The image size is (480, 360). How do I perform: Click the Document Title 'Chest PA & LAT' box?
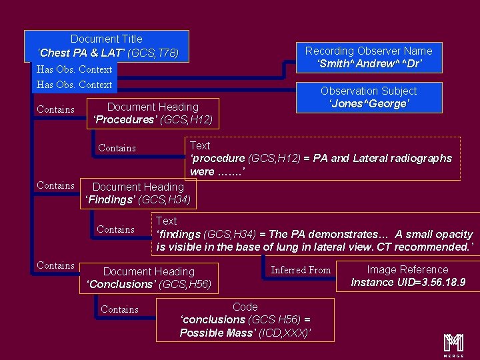107,45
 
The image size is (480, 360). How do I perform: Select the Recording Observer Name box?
368,57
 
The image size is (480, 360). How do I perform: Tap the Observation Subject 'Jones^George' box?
368,97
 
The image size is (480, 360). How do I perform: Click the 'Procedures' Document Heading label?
153,113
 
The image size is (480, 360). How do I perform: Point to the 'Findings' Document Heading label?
138,193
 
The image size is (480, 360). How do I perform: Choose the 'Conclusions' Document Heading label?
149,278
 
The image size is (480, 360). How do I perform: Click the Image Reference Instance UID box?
407,276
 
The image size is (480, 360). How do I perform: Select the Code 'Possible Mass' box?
245,320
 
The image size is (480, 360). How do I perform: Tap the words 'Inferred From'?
301,270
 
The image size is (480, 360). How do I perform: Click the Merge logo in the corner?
454,343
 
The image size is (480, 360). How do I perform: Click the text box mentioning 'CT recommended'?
315,234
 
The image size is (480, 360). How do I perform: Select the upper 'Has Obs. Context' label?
74,69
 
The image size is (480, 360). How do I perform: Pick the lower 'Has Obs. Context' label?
74,85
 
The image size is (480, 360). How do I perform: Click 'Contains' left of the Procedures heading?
55,109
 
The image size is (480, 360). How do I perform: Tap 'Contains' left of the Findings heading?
55,185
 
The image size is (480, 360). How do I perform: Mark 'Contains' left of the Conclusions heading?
55,265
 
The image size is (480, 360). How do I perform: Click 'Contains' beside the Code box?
119,309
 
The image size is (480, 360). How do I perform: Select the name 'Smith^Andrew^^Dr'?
369,64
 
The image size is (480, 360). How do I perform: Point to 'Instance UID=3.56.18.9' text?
407,283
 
